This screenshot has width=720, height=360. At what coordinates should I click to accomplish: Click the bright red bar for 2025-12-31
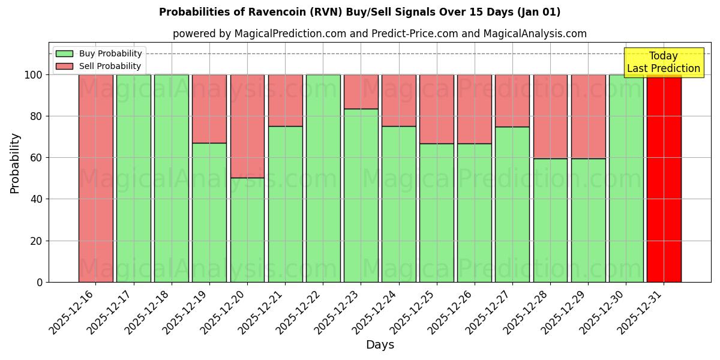(x=664, y=178)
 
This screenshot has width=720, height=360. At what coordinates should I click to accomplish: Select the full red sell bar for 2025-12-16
(x=95, y=178)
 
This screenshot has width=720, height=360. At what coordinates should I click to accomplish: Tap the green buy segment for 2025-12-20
(x=247, y=230)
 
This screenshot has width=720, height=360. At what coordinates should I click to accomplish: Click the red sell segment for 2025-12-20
(x=247, y=126)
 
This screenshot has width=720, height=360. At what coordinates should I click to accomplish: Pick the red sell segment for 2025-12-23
(x=361, y=91)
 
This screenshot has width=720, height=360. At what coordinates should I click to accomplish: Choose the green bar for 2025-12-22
(x=323, y=178)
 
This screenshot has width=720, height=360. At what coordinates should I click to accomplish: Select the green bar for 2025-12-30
(x=626, y=178)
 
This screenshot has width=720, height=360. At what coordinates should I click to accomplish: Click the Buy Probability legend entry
(x=110, y=54)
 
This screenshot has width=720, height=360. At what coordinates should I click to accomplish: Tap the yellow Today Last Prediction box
(x=663, y=62)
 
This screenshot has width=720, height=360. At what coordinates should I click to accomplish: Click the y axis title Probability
(x=15, y=163)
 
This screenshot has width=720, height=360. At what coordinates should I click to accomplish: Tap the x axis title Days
(x=380, y=345)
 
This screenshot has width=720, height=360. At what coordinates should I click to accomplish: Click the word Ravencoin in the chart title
(x=268, y=12)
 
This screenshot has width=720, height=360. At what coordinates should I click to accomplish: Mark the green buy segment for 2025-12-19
(x=209, y=212)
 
